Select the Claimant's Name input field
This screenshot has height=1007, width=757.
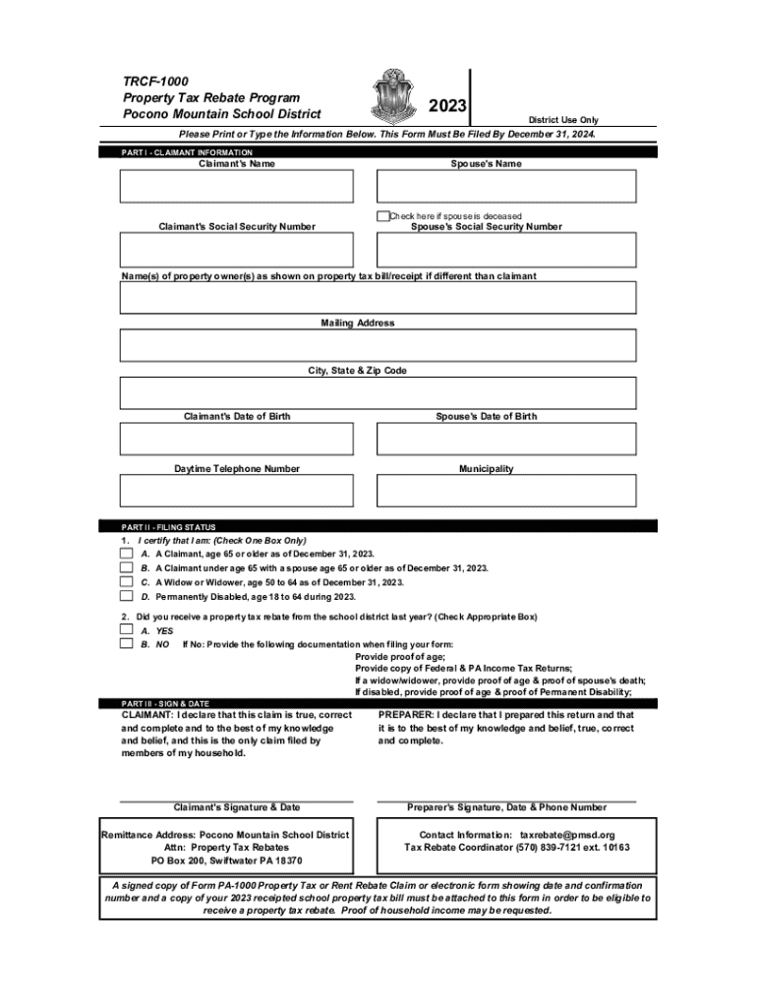tap(236, 187)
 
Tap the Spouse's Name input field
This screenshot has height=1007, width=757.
tap(506, 187)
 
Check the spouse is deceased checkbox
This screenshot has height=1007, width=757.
tap(382, 216)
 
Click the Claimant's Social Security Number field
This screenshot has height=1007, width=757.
tap(236, 250)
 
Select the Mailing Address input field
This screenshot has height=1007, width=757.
tap(378, 345)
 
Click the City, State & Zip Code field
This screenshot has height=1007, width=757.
tap(378, 392)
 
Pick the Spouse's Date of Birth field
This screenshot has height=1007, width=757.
tap(506, 439)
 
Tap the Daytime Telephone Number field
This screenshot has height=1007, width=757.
tap(236, 491)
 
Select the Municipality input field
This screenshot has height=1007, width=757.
tap(506, 491)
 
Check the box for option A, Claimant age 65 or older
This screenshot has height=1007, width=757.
tap(126, 555)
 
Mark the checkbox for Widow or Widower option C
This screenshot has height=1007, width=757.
tap(126, 582)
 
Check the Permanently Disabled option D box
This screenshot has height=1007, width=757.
tap(126, 596)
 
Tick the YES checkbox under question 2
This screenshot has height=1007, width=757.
tap(126, 630)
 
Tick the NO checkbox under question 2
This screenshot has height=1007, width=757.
tap(126, 644)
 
